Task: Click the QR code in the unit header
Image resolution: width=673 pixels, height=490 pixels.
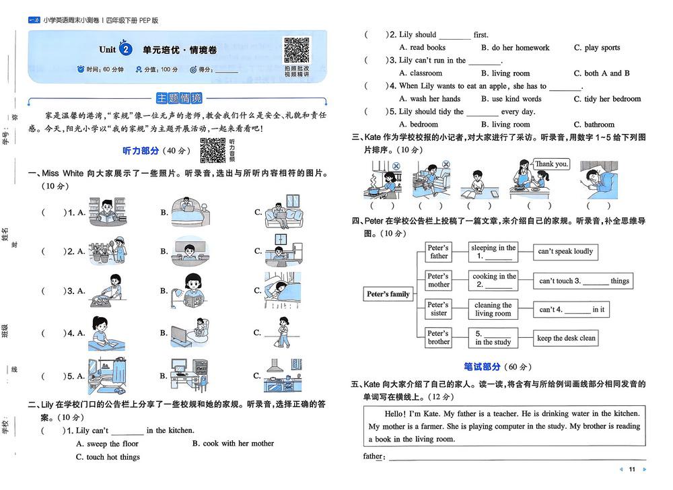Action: tap(297, 50)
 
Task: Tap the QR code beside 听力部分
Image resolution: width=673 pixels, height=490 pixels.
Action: tap(213, 150)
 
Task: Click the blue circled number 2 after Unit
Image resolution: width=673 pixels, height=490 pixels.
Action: tap(125, 49)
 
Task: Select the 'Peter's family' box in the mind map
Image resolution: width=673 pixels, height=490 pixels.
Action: tap(388, 294)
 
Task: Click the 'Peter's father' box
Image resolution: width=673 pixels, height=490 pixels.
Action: tap(438, 252)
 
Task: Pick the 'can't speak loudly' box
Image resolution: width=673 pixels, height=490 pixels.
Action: tap(565, 252)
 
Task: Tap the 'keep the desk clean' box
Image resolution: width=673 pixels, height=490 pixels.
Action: tap(566, 338)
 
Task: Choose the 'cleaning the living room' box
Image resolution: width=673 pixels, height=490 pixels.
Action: tap(493, 309)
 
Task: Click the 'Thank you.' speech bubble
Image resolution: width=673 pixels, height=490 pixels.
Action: tap(551, 164)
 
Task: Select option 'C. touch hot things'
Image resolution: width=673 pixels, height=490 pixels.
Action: tap(108, 457)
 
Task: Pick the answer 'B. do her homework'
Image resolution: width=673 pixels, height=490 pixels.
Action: tap(515, 48)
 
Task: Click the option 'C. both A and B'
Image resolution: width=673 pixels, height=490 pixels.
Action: tap(602, 73)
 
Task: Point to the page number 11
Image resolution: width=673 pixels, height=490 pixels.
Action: tap(632, 469)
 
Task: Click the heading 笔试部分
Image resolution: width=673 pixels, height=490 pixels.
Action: tap(482, 367)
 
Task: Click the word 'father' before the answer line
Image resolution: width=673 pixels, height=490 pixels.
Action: tap(373, 456)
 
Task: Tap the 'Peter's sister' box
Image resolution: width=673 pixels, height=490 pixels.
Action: tap(438, 309)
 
